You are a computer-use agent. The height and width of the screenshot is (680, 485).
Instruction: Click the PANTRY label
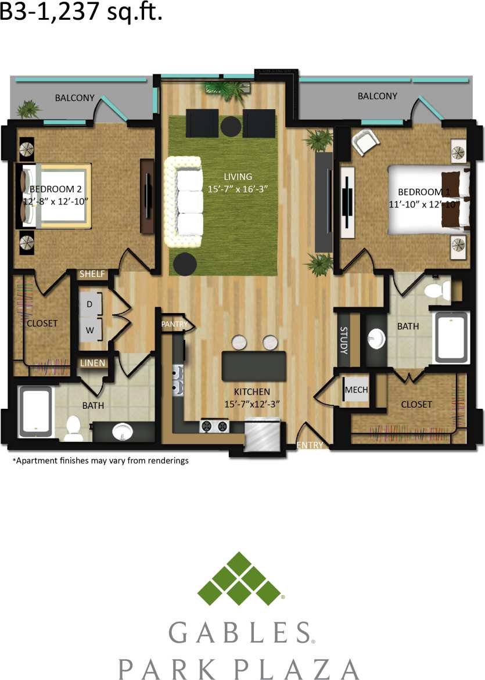(175, 324)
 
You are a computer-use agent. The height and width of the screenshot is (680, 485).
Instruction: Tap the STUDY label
(343, 340)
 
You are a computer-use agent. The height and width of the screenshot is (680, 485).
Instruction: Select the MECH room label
(356, 390)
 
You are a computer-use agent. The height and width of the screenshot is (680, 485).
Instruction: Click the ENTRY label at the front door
(310, 445)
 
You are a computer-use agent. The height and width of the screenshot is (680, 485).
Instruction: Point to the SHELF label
(92, 274)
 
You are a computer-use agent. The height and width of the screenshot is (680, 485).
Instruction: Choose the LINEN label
(93, 364)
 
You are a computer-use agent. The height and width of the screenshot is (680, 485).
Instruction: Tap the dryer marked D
(91, 304)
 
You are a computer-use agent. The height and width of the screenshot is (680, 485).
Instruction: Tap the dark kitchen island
(254, 366)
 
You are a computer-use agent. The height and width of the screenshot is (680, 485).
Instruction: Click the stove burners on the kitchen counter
(214, 426)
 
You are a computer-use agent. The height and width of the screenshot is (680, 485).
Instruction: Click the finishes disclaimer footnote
(100, 461)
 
